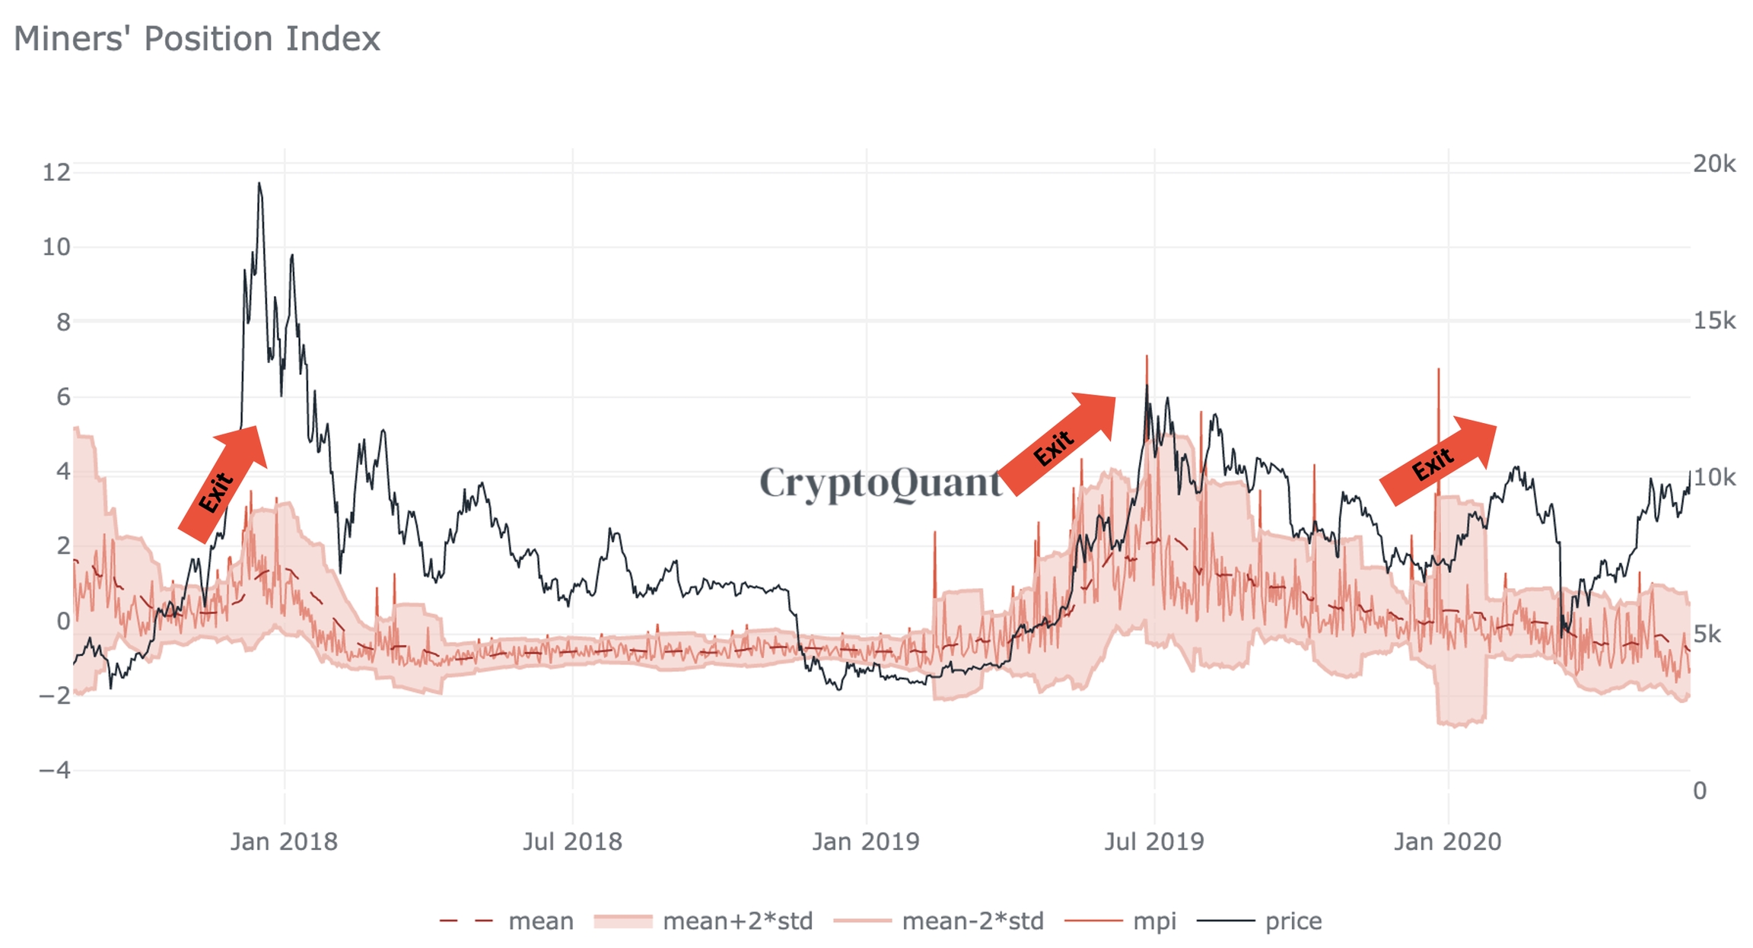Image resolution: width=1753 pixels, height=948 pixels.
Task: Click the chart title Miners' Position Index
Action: [197, 39]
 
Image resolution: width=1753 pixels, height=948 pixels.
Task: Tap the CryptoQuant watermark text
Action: [881, 483]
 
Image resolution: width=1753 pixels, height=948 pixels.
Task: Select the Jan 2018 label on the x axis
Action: [284, 841]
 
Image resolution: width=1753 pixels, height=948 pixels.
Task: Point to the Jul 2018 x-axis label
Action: [572, 841]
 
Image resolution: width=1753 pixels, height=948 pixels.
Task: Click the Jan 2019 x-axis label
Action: [866, 841]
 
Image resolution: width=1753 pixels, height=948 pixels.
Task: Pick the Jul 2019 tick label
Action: [1154, 841]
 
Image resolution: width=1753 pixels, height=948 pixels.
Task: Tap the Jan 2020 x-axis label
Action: [1447, 841]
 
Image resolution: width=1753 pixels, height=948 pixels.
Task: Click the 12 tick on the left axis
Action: [56, 173]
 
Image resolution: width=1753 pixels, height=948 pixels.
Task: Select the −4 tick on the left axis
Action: [55, 771]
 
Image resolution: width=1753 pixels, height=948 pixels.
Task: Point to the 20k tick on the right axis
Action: [1714, 164]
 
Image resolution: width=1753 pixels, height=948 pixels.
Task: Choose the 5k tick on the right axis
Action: [1707, 635]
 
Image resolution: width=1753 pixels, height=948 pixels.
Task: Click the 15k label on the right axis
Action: [1714, 321]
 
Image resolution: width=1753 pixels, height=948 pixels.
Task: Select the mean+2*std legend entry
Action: [737, 921]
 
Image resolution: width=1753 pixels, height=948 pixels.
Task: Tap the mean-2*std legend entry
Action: [972, 921]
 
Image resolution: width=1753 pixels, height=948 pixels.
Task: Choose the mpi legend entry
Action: [1154, 921]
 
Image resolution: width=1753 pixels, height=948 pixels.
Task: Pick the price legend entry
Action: [1293, 921]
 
